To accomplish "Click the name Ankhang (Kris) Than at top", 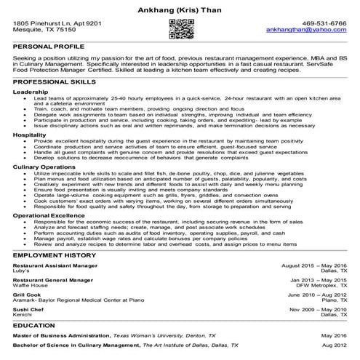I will coord(180,8).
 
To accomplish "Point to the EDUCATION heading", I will coord(32,327).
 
